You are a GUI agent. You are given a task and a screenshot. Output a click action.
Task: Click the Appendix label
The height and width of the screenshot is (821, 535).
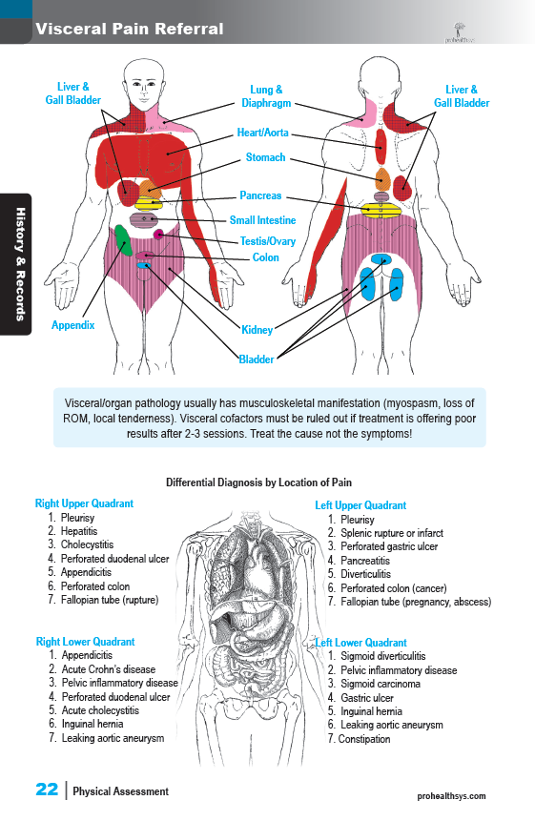pos(72,325)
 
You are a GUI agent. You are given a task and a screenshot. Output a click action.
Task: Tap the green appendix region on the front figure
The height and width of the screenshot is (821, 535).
pos(122,239)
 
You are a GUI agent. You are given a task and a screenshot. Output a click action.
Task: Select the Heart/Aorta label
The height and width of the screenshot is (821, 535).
pos(263,133)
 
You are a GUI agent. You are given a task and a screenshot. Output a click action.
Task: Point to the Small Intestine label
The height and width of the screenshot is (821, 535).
pos(263,220)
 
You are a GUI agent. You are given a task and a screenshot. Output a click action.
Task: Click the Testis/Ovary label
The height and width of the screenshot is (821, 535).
pos(267,241)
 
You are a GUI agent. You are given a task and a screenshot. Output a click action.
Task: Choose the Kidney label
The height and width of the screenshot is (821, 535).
pos(257,330)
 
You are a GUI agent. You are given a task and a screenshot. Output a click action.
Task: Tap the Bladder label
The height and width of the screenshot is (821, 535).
pos(256,359)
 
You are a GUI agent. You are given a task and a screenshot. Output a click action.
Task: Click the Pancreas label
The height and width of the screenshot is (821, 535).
pos(260,195)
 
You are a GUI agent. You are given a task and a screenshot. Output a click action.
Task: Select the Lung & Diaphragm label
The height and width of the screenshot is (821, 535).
pos(266,96)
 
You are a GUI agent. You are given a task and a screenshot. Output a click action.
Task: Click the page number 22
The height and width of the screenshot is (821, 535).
pos(47,790)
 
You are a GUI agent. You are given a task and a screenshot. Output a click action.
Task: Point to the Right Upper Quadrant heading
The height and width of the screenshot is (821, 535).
pos(84,503)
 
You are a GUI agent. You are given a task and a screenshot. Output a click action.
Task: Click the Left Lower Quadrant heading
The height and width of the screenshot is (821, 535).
pos(361,643)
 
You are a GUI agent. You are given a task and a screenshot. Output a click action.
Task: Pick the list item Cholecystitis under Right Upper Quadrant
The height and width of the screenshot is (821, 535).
pos(87,544)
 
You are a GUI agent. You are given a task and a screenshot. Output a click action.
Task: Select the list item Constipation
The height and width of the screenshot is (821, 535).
pos(364,739)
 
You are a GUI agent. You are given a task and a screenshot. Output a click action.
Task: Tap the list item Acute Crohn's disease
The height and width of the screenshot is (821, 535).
pos(109,669)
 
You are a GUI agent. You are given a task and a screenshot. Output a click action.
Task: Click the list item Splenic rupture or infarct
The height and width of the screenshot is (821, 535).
pos(392,533)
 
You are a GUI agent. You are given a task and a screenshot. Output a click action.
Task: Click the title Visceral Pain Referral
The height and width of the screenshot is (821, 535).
pos(130,29)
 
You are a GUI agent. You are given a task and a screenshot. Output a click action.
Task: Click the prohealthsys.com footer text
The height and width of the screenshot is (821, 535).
pos(451,796)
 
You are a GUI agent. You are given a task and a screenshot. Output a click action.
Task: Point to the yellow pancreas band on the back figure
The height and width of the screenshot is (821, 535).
pos(381,211)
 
